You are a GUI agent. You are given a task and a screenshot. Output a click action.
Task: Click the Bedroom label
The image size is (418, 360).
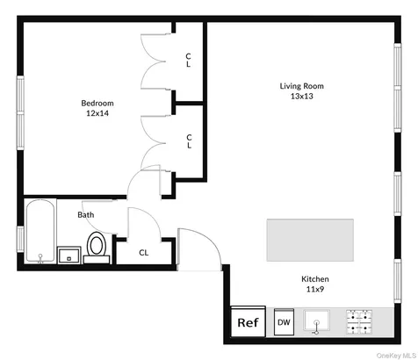click(x=97, y=103)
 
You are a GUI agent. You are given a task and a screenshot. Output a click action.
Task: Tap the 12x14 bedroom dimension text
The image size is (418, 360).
click(x=97, y=113)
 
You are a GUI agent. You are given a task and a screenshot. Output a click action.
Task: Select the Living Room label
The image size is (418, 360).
click(x=302, y=86)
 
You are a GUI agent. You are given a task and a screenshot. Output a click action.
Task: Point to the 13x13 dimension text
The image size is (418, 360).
click(x=302, y=96)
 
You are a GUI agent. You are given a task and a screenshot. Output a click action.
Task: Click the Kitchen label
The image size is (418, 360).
click(x=315, y=279)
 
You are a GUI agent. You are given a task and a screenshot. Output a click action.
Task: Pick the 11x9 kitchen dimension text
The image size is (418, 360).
click(x=315, y=289)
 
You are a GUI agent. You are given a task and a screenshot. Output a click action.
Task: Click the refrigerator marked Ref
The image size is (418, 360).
click(x=249, y=321)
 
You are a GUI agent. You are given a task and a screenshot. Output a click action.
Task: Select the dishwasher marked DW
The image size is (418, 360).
click(x=284, y=321)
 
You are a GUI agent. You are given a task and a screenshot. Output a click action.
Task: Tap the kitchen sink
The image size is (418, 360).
click(x=316, y=321)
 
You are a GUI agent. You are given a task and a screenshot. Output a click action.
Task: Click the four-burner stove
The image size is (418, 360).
click(x=359, y=322)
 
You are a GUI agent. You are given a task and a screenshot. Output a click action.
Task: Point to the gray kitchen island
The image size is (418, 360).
click(x=310, y=240)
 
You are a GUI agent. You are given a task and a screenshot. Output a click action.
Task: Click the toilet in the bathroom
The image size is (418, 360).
click(x=97, y=248)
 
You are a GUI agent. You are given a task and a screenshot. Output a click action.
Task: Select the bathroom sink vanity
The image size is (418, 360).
click(x=69, y=255)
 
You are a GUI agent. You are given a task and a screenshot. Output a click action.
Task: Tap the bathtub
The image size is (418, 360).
click(x=40, y=231)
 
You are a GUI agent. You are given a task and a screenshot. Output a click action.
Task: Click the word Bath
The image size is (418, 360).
click(x=86, y=215)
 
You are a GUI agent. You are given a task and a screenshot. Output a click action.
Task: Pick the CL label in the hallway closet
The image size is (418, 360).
click(x=143, y=253)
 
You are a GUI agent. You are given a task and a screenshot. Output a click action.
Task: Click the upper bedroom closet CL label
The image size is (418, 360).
click(x=188, y=60)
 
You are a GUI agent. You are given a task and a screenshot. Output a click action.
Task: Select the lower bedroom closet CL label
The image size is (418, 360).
click(x=189, y=141)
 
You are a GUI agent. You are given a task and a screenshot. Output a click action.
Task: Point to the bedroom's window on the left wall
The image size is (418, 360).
click(x=20, y=113)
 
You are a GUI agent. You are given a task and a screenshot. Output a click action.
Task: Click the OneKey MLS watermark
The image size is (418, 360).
click(x=397, y=356)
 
